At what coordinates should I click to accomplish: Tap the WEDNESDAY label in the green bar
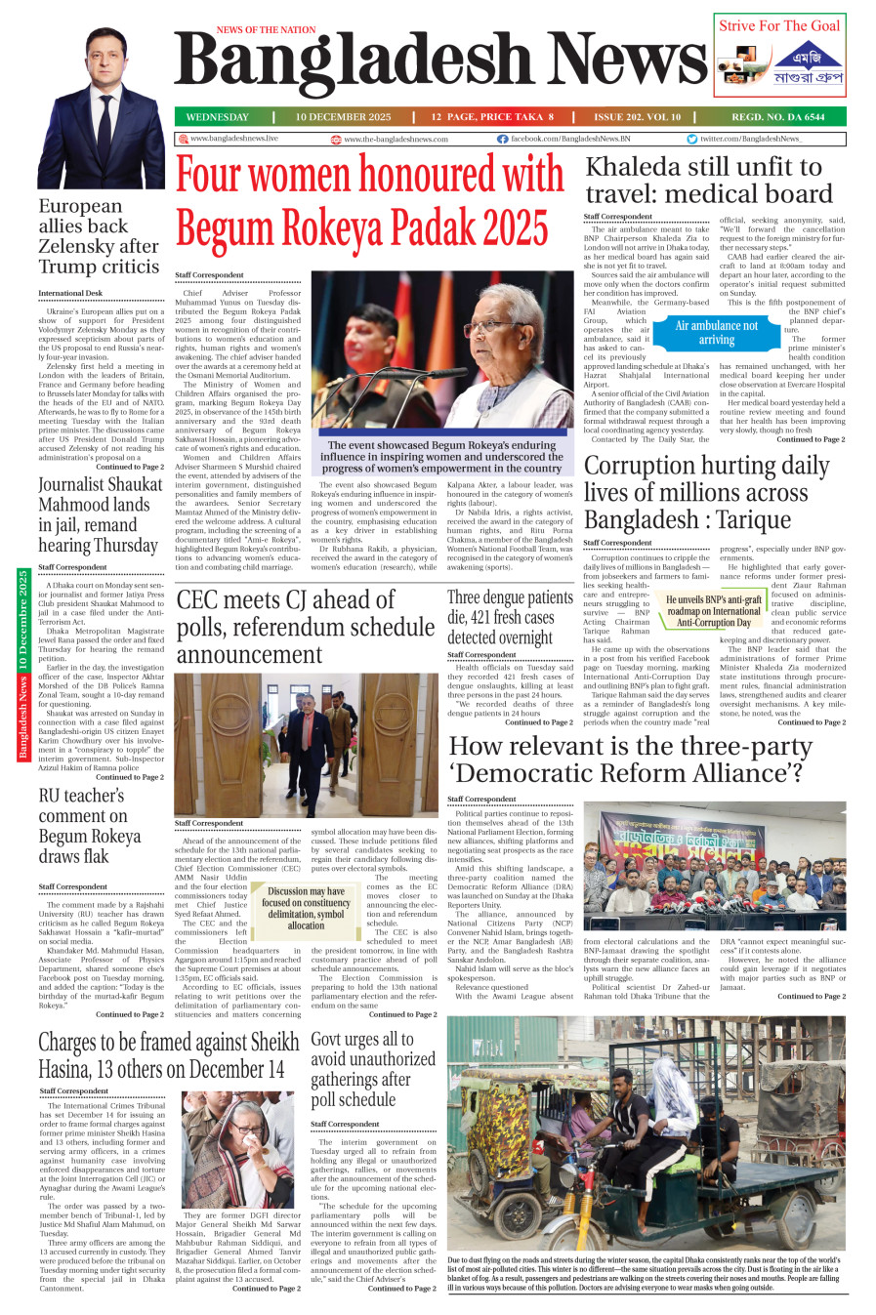click(217, 117)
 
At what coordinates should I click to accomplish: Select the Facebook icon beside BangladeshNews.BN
click(502, 140)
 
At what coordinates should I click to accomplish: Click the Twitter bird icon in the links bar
click(691, 140)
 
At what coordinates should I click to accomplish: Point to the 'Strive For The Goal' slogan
click(779, 26)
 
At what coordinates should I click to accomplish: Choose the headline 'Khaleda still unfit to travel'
click(703, 180)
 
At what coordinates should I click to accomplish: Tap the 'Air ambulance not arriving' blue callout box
click(716, 333)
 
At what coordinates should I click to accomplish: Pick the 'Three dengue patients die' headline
click(510, 617)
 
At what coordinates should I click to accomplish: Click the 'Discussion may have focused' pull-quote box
click(306, 907)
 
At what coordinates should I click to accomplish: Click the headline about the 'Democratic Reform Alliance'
click(630, 760)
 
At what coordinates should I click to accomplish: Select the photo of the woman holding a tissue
click(237, 1149)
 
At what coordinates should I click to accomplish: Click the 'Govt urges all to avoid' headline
click(373, 1069)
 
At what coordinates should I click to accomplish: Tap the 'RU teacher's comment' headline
click(90, 826)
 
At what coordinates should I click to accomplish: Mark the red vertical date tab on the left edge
click(22, 664)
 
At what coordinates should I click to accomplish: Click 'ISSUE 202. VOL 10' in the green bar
click(637, 117)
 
